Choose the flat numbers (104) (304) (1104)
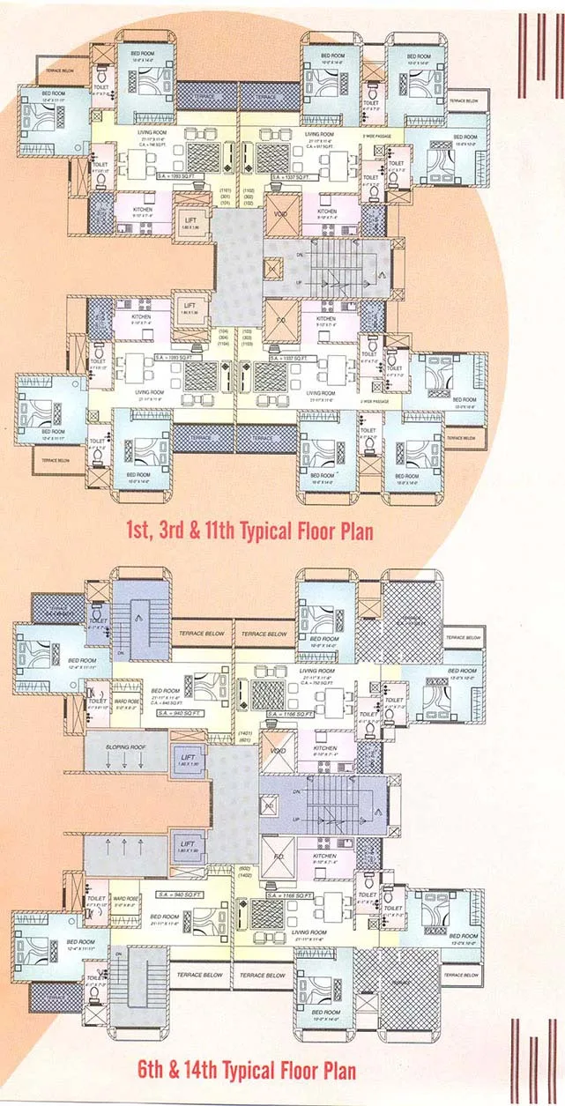(223, 336)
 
